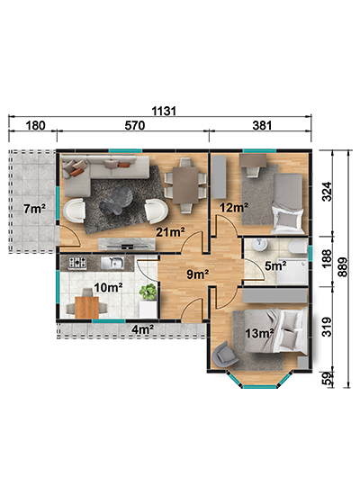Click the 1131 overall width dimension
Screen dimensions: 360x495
click(164, 111)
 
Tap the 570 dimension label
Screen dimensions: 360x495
click(135, 126)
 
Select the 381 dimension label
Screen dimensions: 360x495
click(262, 126)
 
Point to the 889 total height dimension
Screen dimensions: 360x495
click(343, 267)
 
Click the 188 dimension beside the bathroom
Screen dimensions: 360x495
click(328, 258)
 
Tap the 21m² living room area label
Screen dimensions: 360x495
click(170, 232)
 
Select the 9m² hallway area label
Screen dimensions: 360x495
click(198, 274)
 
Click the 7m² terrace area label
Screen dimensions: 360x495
click(35, 209)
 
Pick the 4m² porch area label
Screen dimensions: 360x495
click(143, 329)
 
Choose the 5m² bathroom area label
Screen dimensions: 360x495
click(275, 265)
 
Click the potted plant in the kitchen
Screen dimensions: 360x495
click(148, 292)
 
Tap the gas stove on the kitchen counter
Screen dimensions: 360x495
click(77, 263)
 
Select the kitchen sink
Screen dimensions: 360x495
click(112, 263)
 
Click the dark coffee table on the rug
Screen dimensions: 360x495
click(116, 200)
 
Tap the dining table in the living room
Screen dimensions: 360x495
click(185, 185)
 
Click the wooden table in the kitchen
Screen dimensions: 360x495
click(86, 307)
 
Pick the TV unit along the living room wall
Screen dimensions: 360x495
click(127, 243)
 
